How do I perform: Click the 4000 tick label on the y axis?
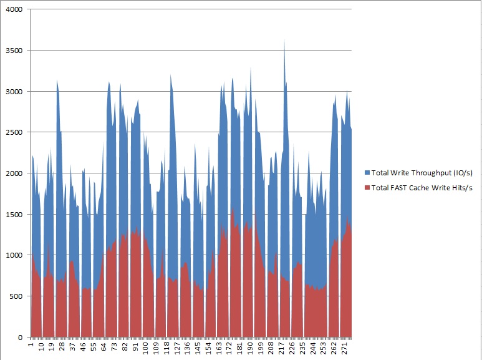point(13,10)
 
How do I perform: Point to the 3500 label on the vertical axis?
point(13,51)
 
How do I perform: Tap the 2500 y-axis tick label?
point(13,132)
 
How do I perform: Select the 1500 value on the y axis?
point(13,215)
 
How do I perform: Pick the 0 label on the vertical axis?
point(19,338)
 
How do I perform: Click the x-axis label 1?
point(31,344)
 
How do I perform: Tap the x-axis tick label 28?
point(62,346)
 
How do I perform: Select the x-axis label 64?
point(103,346)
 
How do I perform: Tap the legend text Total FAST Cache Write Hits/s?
point(422,188)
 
